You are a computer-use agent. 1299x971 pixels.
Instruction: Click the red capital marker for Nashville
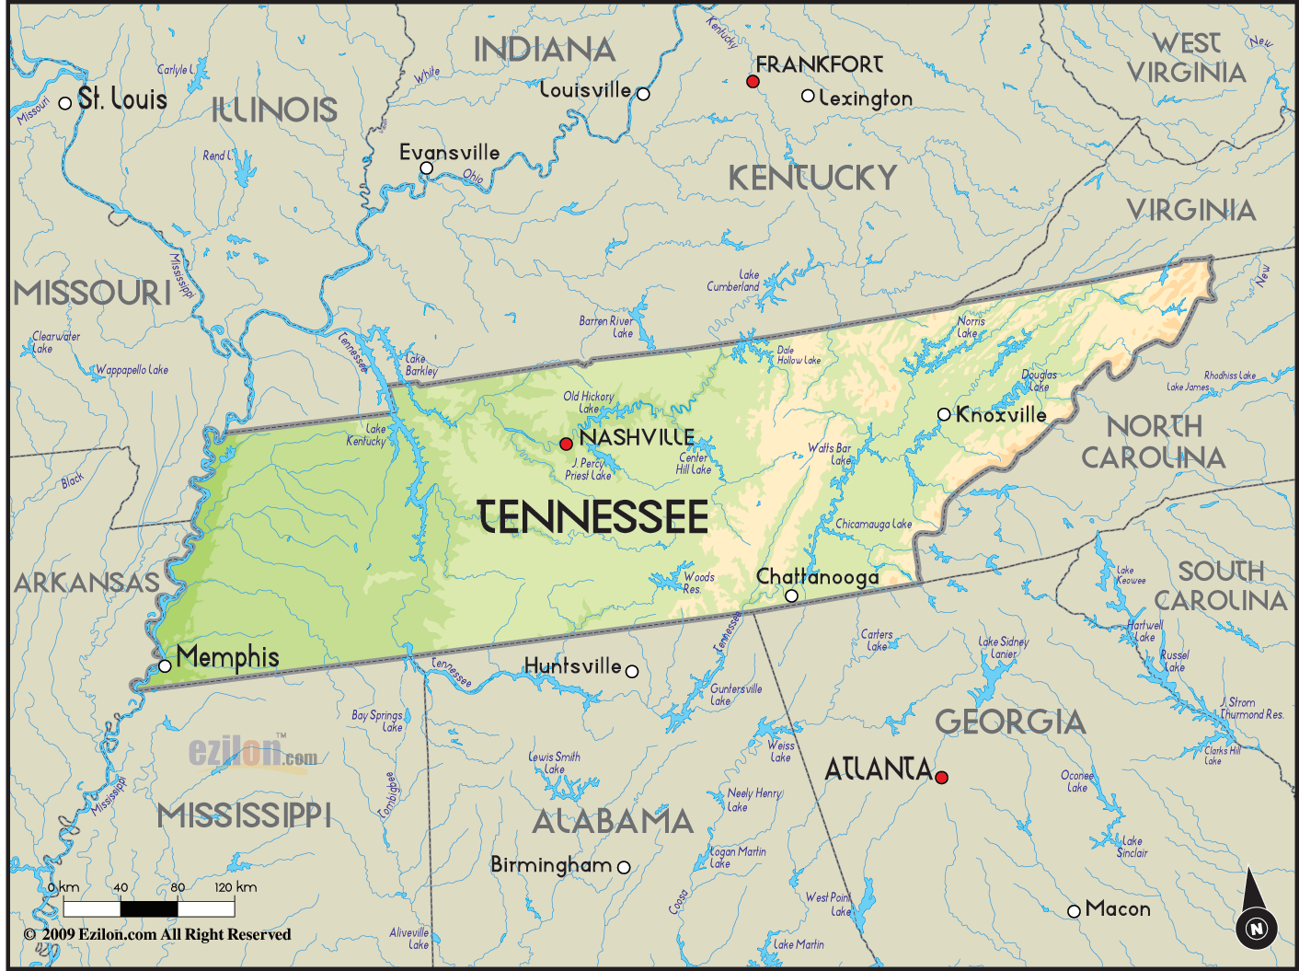566,444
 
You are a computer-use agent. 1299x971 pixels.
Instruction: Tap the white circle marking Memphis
165,665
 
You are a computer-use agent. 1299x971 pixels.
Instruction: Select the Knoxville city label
1001,415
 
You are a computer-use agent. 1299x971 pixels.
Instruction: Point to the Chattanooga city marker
791,596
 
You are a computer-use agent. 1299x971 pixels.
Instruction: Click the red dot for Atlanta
941,777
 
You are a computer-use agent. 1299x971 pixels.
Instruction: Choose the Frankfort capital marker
753,82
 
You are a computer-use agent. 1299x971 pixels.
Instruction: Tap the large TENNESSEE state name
593,517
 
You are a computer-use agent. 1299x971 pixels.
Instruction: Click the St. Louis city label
122,99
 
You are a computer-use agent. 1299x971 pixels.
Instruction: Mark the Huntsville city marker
632,672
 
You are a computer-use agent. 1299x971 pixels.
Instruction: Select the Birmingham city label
551,865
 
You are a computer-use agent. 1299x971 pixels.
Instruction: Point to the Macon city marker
1074,911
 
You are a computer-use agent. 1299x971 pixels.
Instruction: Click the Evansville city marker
427,168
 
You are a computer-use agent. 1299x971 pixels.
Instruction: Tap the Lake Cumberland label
733,281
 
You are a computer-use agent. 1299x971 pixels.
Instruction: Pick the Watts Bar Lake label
830,454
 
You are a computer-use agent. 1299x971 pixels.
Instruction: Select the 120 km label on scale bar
236,887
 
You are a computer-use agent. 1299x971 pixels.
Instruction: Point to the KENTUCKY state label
812,178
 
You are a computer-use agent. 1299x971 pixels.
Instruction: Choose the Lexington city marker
808,96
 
